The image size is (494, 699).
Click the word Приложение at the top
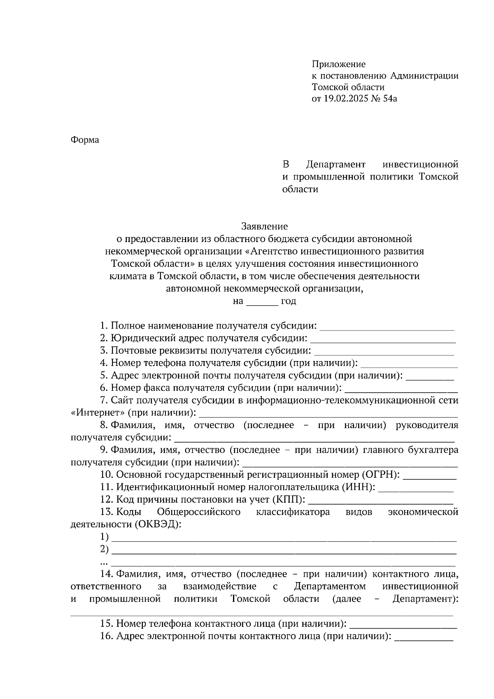coord(338,64)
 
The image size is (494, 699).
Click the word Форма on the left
coord(85,140)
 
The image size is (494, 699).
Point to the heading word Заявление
coord(264,226)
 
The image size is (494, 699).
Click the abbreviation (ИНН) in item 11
coord(359,487)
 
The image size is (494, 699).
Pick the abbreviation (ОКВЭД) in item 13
coord(157,524)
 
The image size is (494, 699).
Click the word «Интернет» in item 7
coord(98,412)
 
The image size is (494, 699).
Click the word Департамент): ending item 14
coord(425,599)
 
